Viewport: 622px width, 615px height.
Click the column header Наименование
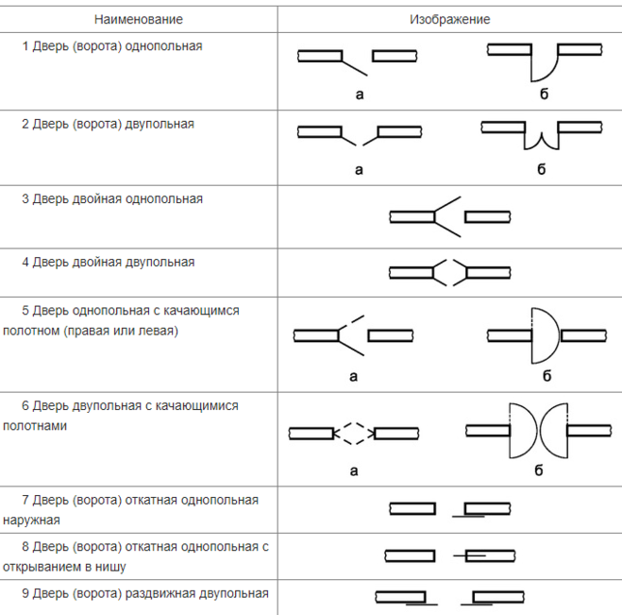pos(139,19)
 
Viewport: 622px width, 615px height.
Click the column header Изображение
pos(450,19)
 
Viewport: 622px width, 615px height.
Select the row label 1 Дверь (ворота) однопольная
pos(112,46)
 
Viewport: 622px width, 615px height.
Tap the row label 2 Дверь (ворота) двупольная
pos(108,124)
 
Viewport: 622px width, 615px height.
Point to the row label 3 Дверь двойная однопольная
pos(112,198)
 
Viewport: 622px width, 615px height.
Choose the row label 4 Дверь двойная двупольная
pos(109,262)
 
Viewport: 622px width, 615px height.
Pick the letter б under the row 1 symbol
pos(544,94)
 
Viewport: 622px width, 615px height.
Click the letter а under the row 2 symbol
pos(359,170)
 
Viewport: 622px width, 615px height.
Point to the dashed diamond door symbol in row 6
pos(354,434)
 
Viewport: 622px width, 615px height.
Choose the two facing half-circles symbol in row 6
pos(537,431)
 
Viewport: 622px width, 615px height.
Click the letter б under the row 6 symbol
pos(538,470)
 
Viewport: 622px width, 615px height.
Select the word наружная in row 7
pos(31,521)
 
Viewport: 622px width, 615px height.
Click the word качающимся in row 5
pos(201,311)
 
